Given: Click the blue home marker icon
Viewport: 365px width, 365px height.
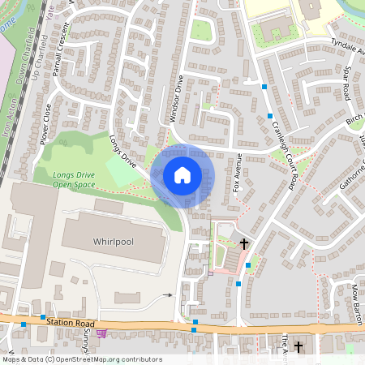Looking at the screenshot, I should point(182,174).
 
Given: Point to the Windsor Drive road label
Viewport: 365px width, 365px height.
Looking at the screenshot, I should point(175,101).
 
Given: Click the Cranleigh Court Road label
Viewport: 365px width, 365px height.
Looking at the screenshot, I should point(288,151).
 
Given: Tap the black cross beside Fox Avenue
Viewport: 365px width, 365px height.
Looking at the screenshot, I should point(244,243).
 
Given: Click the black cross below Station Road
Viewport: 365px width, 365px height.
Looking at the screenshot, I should point(298,347).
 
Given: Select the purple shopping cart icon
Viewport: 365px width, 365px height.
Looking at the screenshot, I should point(101,333).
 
